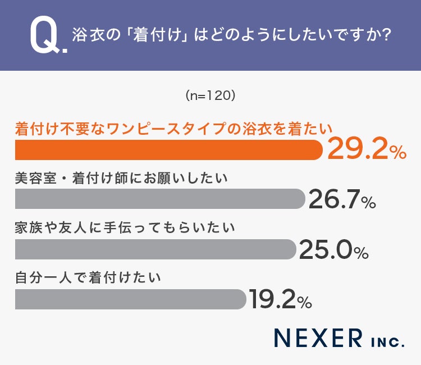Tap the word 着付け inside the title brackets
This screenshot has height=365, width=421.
click(x=157, y=35)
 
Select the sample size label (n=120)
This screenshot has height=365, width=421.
click(x=210, y=95)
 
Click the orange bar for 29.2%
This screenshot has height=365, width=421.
click(x=169, y=150)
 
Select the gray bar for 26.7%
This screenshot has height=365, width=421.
click(x=161, y=199)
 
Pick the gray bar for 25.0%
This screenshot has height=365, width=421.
click(x=155, y=249)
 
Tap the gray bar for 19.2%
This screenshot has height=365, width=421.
click(x=131, y=299)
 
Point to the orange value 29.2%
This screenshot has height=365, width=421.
click(x=367, y=148)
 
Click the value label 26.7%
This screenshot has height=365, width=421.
click(x=342, y=199)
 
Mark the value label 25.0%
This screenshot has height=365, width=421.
click(x=334, y=249)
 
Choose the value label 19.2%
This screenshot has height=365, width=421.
click(x=281, y=299)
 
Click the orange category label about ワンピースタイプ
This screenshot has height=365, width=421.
click(x=173, y=129)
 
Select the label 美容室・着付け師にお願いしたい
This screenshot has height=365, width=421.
click(x=121, y=179)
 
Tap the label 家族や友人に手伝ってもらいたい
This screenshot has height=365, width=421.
click(x=125, y=229)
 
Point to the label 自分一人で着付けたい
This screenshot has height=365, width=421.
click(x=88, y=278)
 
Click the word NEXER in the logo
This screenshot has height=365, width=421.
click(x=318, y=338)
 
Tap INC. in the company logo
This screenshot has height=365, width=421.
click(x=387, y=341)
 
